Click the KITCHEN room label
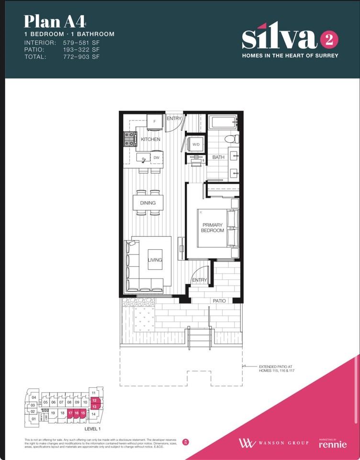pos(150,139)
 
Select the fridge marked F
pos(155,122)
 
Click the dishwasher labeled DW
pos(156,157)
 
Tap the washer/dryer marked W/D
pos(196,144)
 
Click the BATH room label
pos(219,157)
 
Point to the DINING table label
pos(148,203)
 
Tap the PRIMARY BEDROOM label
pos(213,228)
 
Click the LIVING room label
pos(155,260)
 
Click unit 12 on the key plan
pos(94,400)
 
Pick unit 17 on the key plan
pos(70,413)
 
